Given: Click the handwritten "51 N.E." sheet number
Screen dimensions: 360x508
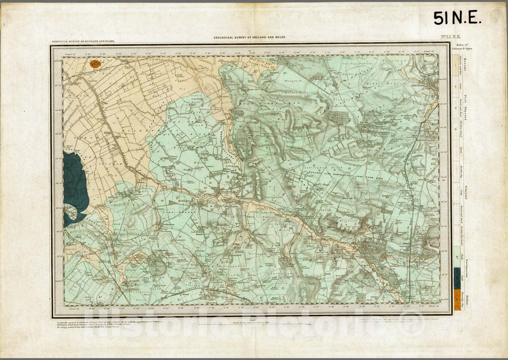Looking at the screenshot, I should tap(457, 18).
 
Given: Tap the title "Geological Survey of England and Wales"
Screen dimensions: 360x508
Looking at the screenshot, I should tap(249, 37).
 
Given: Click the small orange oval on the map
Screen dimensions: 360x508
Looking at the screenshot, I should tap(96, 64).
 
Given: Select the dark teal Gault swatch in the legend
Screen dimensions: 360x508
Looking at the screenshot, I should tap(457, 279).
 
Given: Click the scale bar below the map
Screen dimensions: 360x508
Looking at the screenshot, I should tap(252, 324).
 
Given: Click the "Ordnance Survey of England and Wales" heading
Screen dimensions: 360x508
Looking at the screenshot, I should tap(83, 41).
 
